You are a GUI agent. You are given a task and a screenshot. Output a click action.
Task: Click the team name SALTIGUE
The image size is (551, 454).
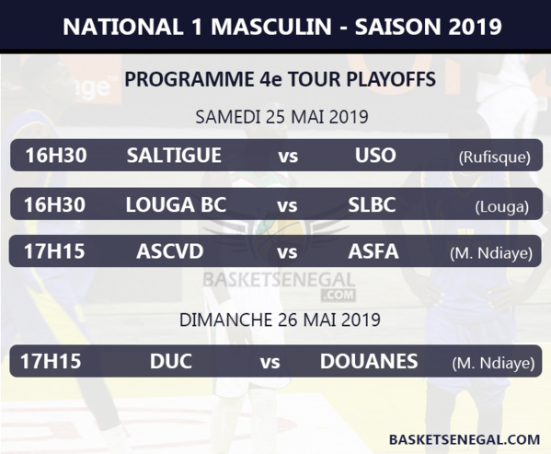click(x=174, y=156)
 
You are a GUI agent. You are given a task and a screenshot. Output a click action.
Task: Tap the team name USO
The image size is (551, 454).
click(x=375, y=156)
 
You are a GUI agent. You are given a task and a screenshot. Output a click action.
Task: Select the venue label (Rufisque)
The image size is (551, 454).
click(x=494, y=157)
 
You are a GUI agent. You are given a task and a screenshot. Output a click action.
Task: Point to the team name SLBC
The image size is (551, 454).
click(x=373, y=204)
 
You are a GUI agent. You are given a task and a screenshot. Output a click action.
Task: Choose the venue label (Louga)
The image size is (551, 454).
click(x=501, y=206)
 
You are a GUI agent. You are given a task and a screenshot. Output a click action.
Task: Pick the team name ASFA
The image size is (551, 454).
click(x=373, y=251)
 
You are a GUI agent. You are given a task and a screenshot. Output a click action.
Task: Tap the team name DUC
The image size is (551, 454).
click(x=171, y=361)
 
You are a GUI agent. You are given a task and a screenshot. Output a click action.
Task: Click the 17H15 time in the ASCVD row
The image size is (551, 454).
click(x=55, y=251)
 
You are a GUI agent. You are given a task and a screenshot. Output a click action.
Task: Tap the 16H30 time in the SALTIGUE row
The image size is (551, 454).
click(x=55, y=156)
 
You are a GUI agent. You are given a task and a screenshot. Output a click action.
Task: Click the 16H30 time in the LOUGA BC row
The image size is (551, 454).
click(x=55, y=204)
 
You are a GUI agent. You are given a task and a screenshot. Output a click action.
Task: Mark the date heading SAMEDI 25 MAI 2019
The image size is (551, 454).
click(x=281, y=117)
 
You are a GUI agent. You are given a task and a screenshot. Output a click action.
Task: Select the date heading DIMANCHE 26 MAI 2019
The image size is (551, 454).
click(x=280, y=320)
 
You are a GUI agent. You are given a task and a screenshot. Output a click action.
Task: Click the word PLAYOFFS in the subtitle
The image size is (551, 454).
click(x=385, y=80)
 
